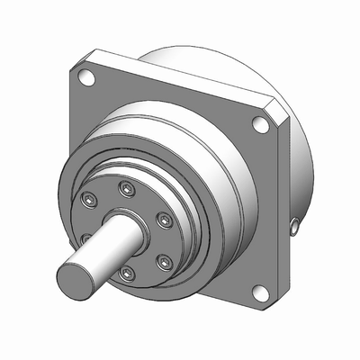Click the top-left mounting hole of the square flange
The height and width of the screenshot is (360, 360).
click(88, 78)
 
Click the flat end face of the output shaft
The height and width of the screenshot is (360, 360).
click(74, 278)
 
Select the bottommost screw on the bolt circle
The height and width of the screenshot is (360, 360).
click(127, 273)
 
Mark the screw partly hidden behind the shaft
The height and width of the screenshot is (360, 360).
click(87, 238)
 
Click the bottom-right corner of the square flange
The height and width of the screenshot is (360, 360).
click(274, 301)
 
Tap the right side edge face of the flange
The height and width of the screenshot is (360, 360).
click(283, 207)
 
